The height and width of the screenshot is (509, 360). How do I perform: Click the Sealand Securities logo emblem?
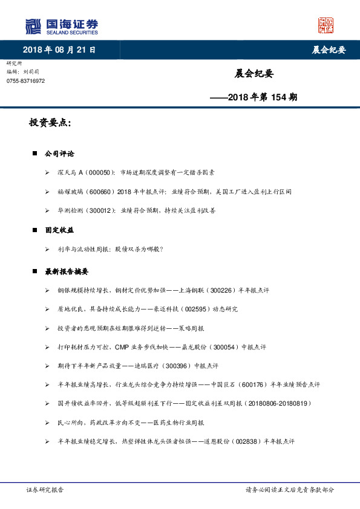pyautogui.click(x=33, y=27)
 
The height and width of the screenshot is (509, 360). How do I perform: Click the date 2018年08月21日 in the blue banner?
pyautogui.click(x=59, y=50)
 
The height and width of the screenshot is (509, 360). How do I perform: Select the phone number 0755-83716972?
pyautogui.click(x=25, y=80)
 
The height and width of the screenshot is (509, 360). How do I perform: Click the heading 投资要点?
pyautogui.click(x=50, y=123)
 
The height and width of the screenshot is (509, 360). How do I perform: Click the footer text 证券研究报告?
pyautogui.click(x=45, y=490)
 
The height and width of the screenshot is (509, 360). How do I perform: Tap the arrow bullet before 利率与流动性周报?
pyautogui.click(x=48, y=249)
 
